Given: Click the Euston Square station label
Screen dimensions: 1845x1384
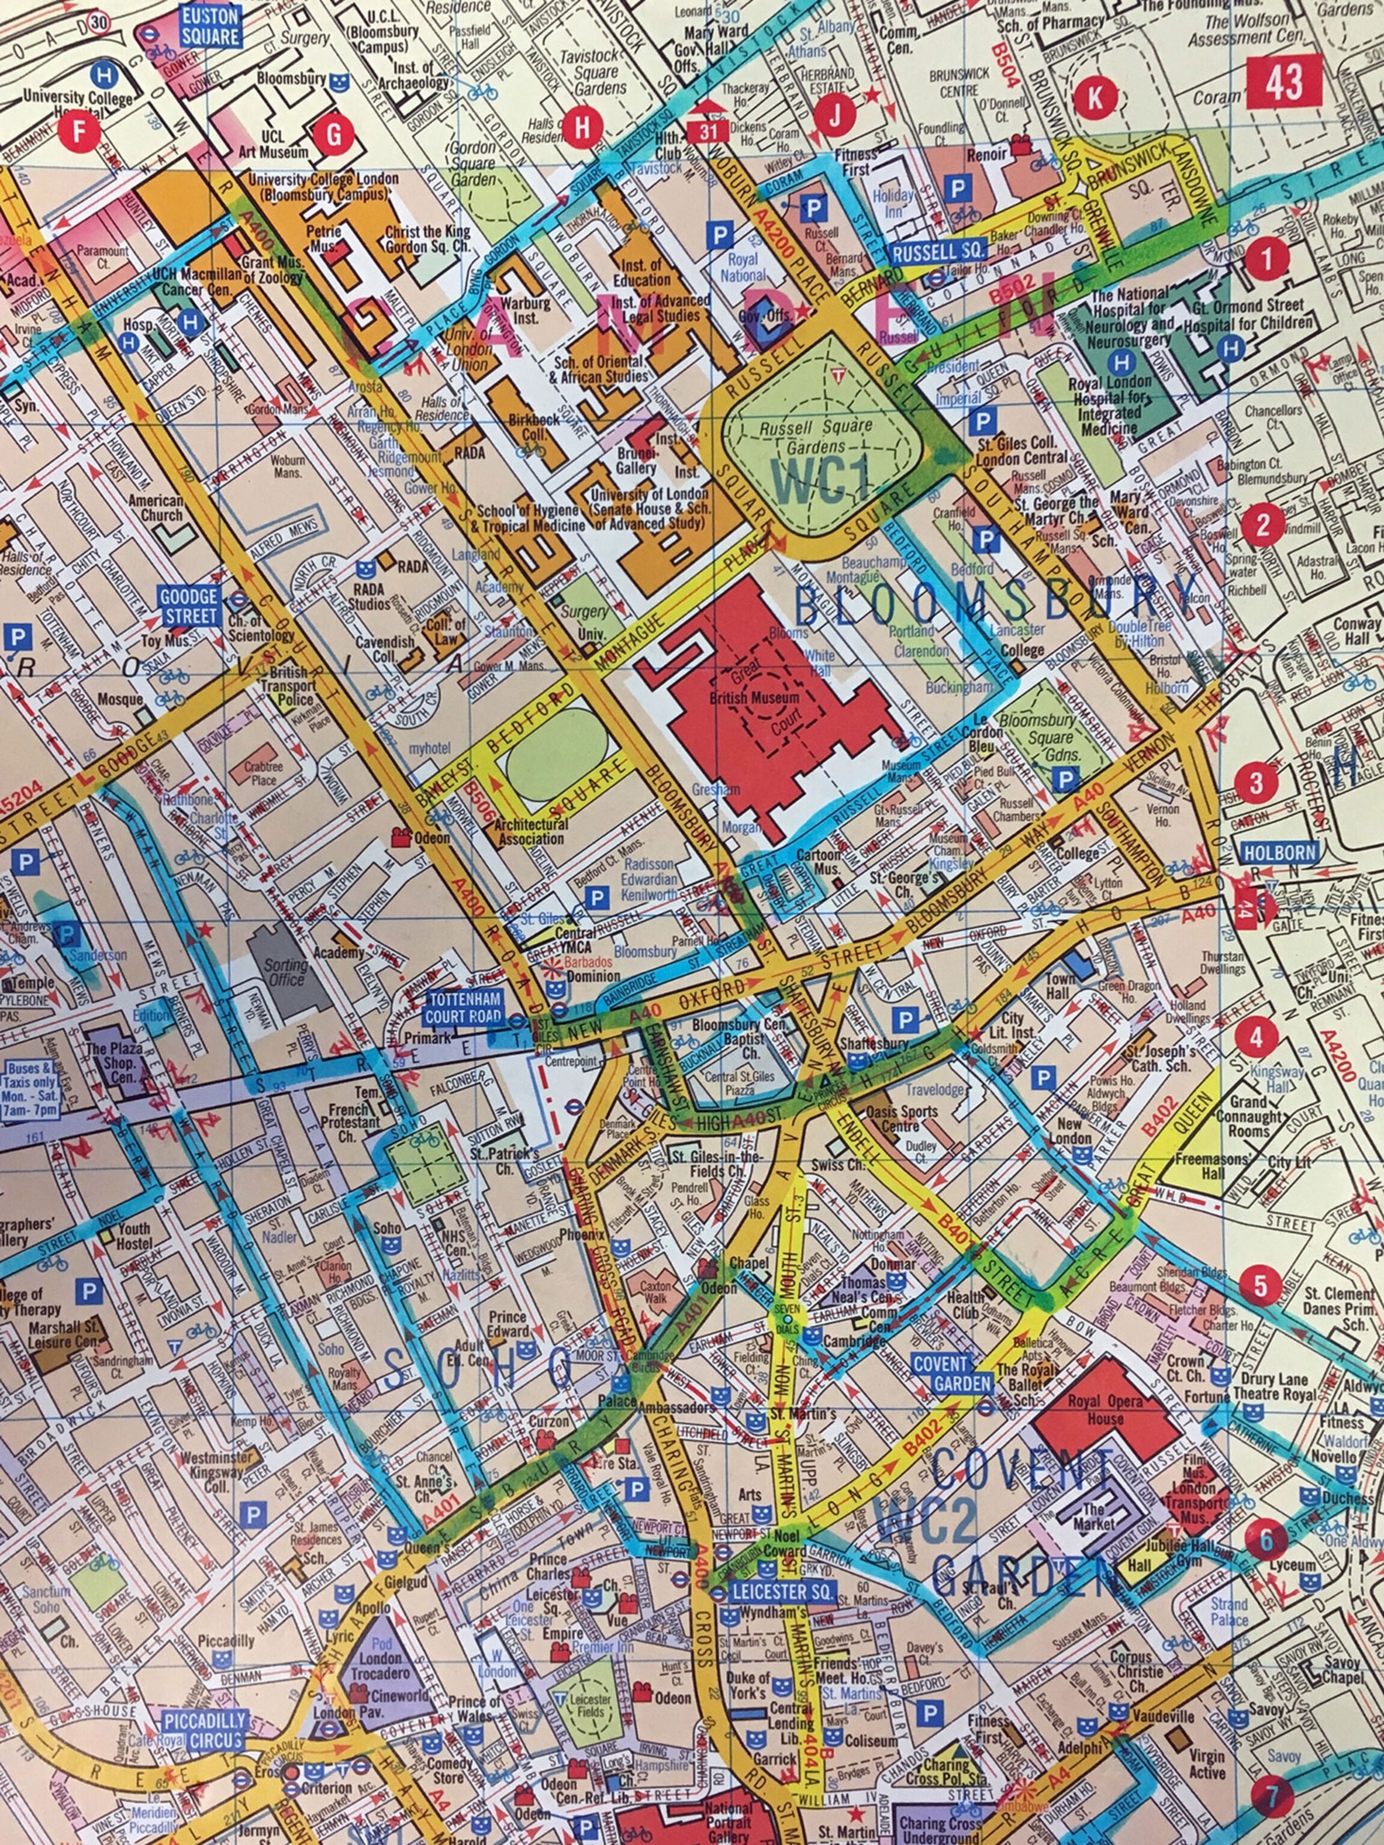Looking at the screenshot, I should [210, 26].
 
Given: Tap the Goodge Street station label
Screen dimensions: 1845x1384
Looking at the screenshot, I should [189, 605].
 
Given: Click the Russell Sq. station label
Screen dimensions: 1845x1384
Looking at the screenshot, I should [938, 251].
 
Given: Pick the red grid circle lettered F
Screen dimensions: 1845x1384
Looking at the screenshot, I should [80, 131].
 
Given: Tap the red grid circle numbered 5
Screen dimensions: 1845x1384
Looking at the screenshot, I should [1260, 1285].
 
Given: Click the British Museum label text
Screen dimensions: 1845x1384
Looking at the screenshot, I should [754, 697].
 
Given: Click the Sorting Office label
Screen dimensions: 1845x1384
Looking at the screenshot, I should [285, 972].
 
